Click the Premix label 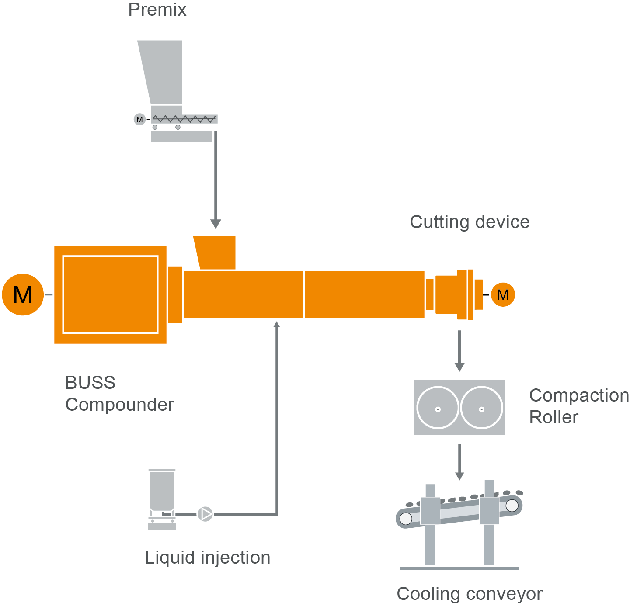pos(157,10)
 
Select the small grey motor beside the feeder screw pos(139,119)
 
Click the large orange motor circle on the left pos(23,294)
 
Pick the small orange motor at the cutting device pos(503,295)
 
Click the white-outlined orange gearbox pos(110,294)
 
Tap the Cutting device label pos(470,222)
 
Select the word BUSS pos(90,383)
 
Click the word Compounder pos(120,405)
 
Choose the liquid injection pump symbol pos(205,514)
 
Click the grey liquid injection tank pos(162,492)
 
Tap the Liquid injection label pos(208,558)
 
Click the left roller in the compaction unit pos(438,408)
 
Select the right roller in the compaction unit pos(481,408)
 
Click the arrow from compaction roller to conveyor pos(459,462)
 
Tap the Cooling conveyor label pos(470,594)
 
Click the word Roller pos(554,417)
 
